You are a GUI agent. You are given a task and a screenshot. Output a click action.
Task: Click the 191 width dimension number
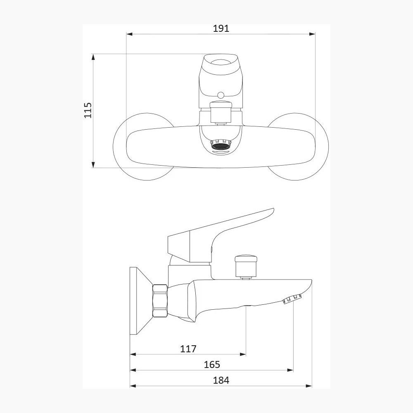pyautogui.click(x=221, y=28)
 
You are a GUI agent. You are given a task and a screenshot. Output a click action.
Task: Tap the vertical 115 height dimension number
pyautogui.click(x=88, y=110)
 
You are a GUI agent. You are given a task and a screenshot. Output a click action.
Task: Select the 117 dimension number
pyautogui.click(x=188, y=349)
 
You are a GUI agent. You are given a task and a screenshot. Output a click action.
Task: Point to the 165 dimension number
pyautogui.click(x=212, y=365)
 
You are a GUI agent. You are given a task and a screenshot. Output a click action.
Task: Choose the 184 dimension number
pyautogui.click(x=221, y=380)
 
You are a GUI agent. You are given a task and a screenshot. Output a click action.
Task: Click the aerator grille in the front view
pyautogui.click(x=221, y=146)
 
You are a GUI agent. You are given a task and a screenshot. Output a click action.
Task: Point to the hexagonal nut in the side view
pyautogui.click(x=160, y=301)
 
